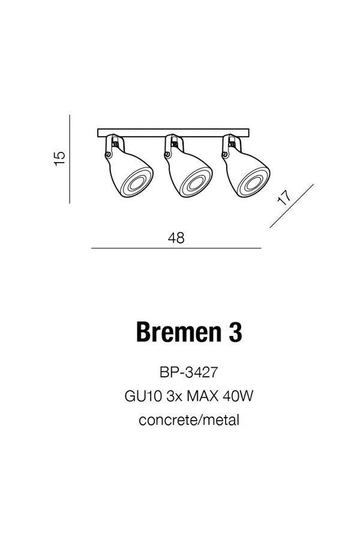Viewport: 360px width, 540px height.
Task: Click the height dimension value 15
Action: pos(60,158)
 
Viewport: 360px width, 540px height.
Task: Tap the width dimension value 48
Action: pos(176,238)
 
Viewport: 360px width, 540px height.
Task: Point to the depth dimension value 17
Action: pos(285,197)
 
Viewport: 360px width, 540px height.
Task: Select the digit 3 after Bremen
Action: pos(235,332)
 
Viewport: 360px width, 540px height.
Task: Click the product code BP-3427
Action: pos(189,372)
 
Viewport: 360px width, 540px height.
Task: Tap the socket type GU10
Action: pos(143,396)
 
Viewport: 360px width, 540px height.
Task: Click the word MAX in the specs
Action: pos(203,396)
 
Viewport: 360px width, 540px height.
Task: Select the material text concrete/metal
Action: pos(189,420)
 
